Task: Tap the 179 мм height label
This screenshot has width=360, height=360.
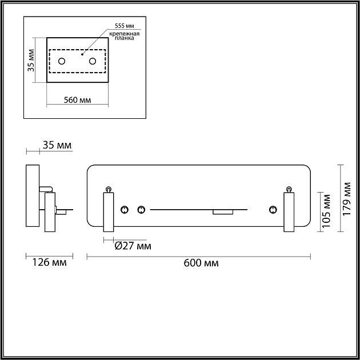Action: click(x=346, y=198)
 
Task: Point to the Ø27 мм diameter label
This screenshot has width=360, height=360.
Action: click(x=133, y=246)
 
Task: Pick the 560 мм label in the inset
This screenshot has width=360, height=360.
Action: click(x=78, y=100)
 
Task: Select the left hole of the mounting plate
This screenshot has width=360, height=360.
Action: click(x=63, y=61)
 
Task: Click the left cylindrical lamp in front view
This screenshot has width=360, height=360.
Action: click(x=108, y=212)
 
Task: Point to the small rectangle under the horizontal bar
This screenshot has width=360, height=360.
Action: click(x=222, y=212)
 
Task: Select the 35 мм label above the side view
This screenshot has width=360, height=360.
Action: click(x=57, y=146)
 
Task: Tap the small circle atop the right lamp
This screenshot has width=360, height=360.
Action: click(x=289, y=188)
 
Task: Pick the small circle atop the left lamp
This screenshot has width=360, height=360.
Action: click(x=108, y=188)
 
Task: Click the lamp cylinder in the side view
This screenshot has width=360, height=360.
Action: click(x=50, y=212)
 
